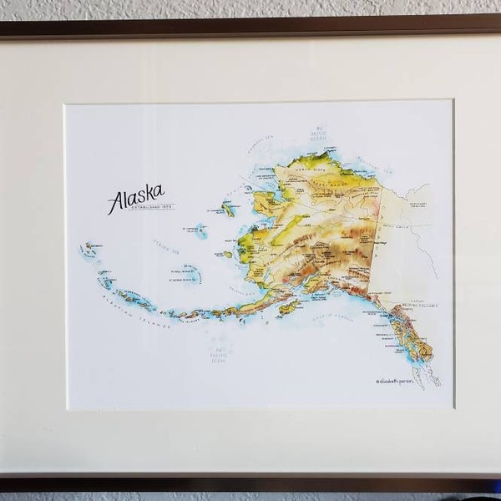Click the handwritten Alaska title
pyautogui.click(x=135, y=199)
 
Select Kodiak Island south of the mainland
pyautogui.click(x=288, y=308)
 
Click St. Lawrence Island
pyautogui.click(x=228, y=208)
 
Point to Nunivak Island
pyautogui.click(x=227, y=254)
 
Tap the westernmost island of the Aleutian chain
pyautogui.click(x=87, y=248)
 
